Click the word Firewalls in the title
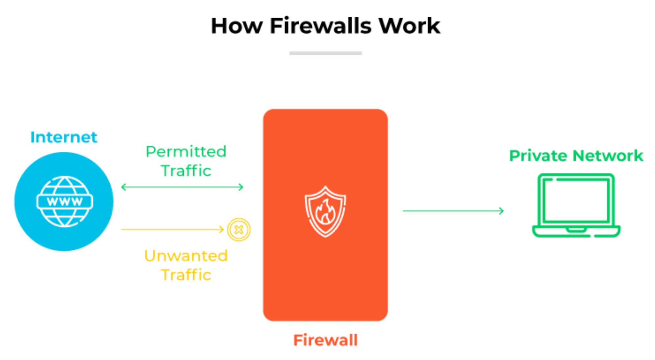(x=321, y=26)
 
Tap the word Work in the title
(x=409, y=26)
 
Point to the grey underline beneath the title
(x=326, y=53)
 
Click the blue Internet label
(x=64, y=137)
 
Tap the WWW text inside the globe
(x=65, y=202)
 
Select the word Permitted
(x=186, y=152)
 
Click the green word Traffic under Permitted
(x=186, y=171)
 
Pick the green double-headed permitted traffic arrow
(x=182, y=187)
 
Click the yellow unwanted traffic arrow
(x=172, y=229)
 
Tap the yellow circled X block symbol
(x=239, y=230)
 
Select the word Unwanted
(x=186, y=256)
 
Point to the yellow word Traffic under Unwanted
(x=186, y=275)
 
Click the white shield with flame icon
(x=325, y=211)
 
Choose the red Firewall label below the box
(x=325, y=340)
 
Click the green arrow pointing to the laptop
(x=453, y=211)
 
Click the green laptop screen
(x=576, y=200)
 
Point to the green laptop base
(x=576, y=231)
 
